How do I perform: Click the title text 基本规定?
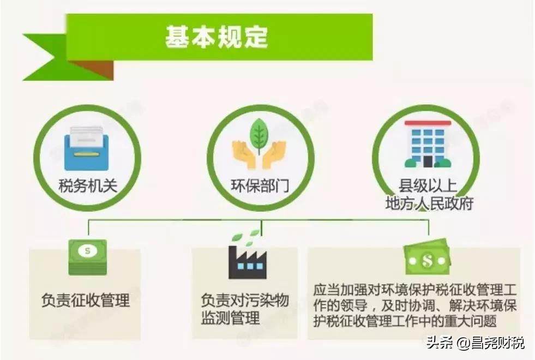[217, 37]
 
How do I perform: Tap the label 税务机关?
[88, 186]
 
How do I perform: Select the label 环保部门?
[260, 186]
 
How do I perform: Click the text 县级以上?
[428, 186]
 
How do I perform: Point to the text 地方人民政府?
[430, 203]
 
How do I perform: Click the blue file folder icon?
[86, 149]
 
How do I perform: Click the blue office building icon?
[428, 144]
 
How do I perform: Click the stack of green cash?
[88, 257]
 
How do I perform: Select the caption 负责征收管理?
[86, 301]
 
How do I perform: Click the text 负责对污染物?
[245, 301]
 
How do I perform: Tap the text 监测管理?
[230, 318]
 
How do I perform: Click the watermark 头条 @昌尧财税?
[476, 343]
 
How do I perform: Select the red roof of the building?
[428, 123]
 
